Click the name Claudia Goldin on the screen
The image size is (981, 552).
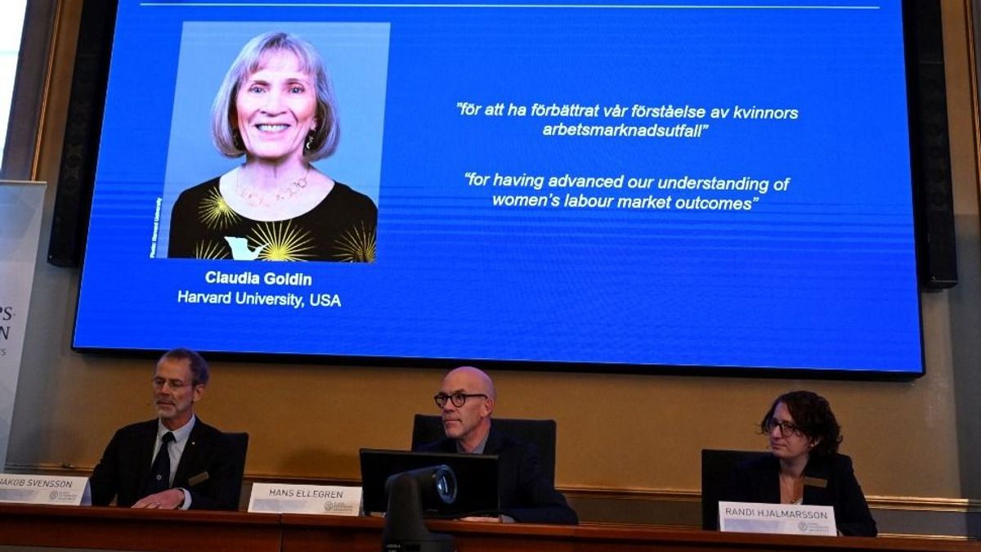(258, 278)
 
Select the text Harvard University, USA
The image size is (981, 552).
(259, 299)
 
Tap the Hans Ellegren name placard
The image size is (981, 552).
(304, 499)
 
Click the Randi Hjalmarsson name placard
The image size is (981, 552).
(777, 518)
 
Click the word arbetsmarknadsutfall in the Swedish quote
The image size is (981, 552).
(625, 130)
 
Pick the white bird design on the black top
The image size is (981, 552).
(243, 247)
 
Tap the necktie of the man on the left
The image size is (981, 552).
(161, 464)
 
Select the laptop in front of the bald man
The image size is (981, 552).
(429, 482)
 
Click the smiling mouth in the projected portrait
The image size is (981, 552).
(271, 128)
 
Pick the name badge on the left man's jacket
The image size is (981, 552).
(198, 478)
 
